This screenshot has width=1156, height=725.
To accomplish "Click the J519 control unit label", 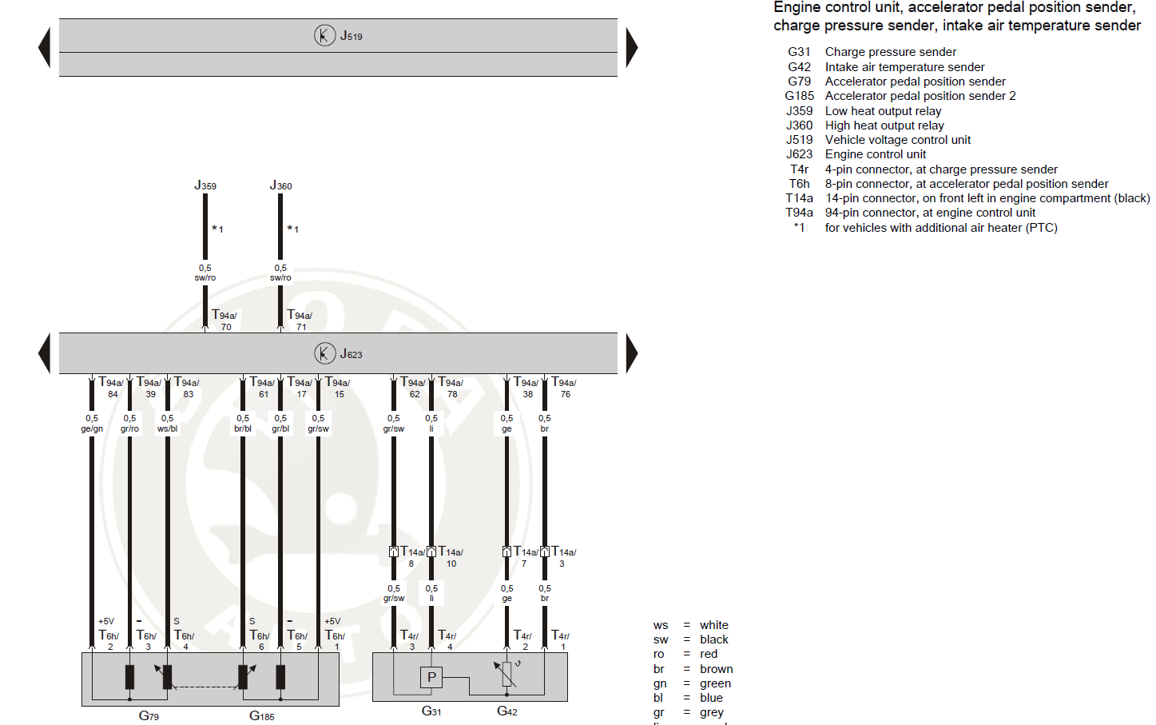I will [x=351, y=36].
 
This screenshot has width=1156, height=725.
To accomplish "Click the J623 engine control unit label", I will [x=351, y=353].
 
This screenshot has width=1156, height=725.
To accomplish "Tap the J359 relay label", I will [x=205, y=185].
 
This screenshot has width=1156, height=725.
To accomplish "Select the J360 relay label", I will [x=280, y=185].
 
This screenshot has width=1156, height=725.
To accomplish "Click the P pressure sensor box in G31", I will [x=431, y=677].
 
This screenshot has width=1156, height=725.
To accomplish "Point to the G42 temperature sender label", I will [x=507, y=711].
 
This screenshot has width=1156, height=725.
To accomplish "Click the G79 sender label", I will [x=149, y=715].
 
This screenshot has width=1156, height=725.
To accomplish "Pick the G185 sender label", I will [x=261, y=715].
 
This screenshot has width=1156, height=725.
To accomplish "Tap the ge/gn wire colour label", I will [x=92, y=429].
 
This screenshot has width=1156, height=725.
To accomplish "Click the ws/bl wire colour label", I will [x=167, y=429].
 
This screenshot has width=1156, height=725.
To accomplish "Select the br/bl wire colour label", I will [x=243, y=429].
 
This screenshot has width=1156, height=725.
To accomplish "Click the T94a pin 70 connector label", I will [x=224, y=320].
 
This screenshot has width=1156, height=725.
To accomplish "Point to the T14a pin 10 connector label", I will [x=451, y=556].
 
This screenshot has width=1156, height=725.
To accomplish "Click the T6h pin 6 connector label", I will [x=260, y=639].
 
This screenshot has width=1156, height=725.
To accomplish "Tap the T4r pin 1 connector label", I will [x=561, y=639].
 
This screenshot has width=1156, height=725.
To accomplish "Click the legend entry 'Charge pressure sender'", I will [x=890, y=52].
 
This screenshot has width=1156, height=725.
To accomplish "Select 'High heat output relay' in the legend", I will [x=884, y=125].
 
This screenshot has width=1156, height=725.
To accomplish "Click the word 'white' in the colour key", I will [x=713, y=625].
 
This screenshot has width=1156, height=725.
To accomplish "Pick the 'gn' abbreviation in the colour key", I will [x=660, y=683].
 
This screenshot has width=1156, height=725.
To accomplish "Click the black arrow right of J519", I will [x=631, y=47].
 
